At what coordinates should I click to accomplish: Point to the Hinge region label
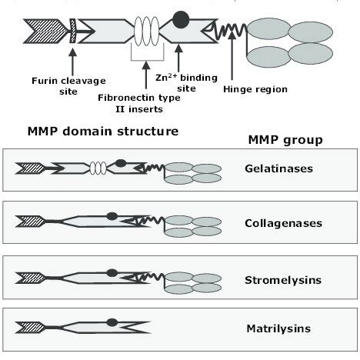[255, 88]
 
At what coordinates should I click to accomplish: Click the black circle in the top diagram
[181, 18]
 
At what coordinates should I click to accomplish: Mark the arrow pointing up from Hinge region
[233, 62]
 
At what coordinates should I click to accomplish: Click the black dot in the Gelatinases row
[120, 162]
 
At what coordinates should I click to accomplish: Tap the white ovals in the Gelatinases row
[99, 168]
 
